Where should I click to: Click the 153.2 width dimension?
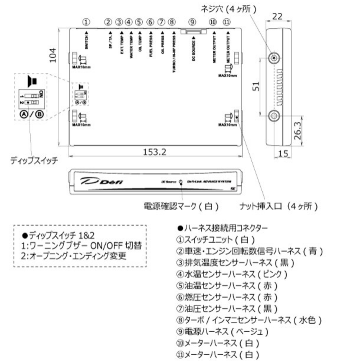[x=155, y=152]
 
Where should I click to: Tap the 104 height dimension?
[x=53, y=55]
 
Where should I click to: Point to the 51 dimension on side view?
[x=256, y=86]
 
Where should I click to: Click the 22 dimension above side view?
[x=277, y=16]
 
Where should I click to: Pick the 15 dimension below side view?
[x=283, y=154]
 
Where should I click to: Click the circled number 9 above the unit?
[x=192, y=22]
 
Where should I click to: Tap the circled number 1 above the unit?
[x=86, y=22]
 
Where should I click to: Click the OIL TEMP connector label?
[x=140, y=44]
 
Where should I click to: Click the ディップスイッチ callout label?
[x=34, y=161]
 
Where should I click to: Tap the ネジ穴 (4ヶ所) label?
[x=229, y=9]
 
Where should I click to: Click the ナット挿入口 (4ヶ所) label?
[x=279, y=206]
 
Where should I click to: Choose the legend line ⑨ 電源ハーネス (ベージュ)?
[x=223, y=332]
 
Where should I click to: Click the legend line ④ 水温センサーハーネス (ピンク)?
[x=232, y=274]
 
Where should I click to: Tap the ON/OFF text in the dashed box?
[x=106, y=245]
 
